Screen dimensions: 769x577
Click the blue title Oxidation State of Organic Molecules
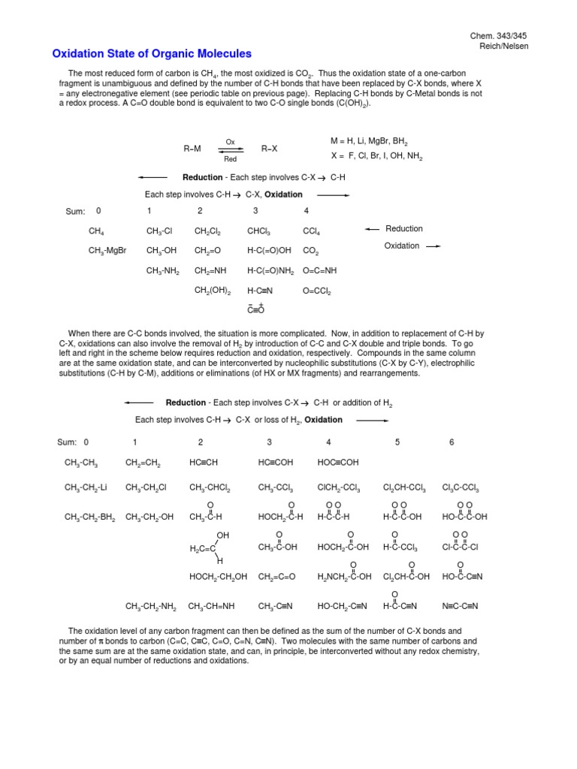[x=152, y=54]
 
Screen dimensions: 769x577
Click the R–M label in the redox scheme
[x=192, y=149]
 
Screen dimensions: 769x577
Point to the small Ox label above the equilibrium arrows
[x=231, y=141]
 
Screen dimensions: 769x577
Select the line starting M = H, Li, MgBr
[x=369, y=141]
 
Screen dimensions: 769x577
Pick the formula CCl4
[x=313, y=231]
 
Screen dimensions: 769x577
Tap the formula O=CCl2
[x=316, y=291]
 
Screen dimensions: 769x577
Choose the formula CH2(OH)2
[x=213, y=291]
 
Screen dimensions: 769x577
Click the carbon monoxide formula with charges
[x=256, y=309]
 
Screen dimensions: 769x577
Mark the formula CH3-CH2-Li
[x=86, y=488]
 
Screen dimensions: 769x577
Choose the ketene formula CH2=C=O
[x=276, y=577]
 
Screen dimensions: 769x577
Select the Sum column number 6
[x=452, y=442]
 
